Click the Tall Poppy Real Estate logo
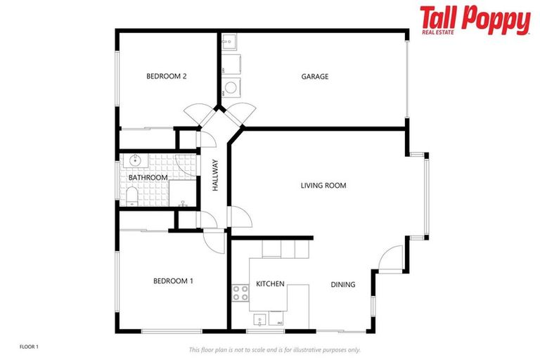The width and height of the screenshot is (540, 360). coord(475,20)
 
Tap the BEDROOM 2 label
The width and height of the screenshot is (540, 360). coord(166,77)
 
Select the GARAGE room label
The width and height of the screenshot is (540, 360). coord(314,77)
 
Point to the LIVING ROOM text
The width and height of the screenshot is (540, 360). coord(323,186)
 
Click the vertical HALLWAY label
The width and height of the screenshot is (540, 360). coord(216,176)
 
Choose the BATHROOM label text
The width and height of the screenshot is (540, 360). coord(148,178)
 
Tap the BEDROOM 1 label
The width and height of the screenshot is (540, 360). coord(173,281)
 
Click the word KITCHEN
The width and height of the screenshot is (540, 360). coord(270,284)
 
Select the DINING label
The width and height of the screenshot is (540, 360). coord(343,285)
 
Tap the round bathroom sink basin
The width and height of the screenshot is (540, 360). coord(135,161)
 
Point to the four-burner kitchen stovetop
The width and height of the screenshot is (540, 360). coord(240,293)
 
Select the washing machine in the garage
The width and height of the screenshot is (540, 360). coord(231,88)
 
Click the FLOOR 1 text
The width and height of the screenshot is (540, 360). coord(29,347)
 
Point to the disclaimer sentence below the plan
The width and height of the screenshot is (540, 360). coord(274,349)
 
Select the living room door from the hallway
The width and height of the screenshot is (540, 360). coord(238,217)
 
